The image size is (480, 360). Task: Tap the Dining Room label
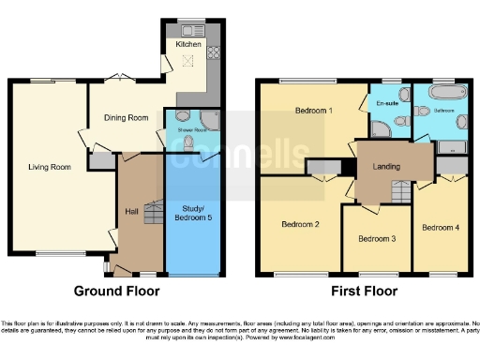127,118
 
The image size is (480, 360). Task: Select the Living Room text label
48,168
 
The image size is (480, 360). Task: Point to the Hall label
132,210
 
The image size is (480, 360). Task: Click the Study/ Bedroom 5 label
193,213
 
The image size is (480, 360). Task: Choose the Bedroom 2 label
301,224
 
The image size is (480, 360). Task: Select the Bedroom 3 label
377,239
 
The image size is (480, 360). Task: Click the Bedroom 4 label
440,228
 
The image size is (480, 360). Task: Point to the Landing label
386,167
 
